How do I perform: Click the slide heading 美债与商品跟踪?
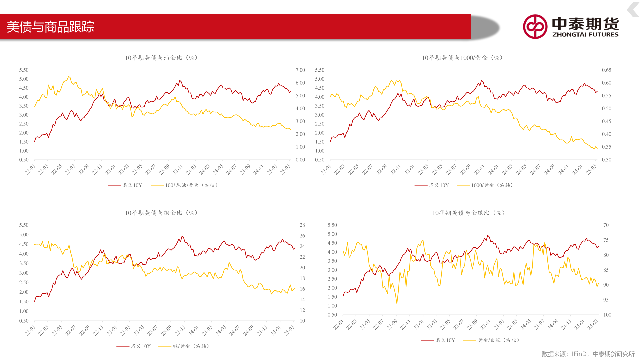point(50,27)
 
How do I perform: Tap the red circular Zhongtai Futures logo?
point(535,27)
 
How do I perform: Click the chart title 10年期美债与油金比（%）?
point(161,58)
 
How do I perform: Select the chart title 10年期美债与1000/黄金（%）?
point(462,58)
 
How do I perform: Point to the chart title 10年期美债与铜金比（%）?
point(161,213)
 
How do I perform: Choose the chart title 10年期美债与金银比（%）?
point(468,213)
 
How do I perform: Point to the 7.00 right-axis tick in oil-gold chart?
point(300,70)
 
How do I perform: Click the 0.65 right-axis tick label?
point(606,70)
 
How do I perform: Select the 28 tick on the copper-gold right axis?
point(302,225)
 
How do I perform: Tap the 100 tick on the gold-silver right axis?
point(607,315)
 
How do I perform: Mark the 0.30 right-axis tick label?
point(606,160)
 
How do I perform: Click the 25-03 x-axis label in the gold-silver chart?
point(592,325)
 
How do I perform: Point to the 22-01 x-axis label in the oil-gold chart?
point(30,170)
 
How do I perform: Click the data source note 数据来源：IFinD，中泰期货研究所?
point(588,354)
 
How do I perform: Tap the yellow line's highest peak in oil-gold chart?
point(69,77)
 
